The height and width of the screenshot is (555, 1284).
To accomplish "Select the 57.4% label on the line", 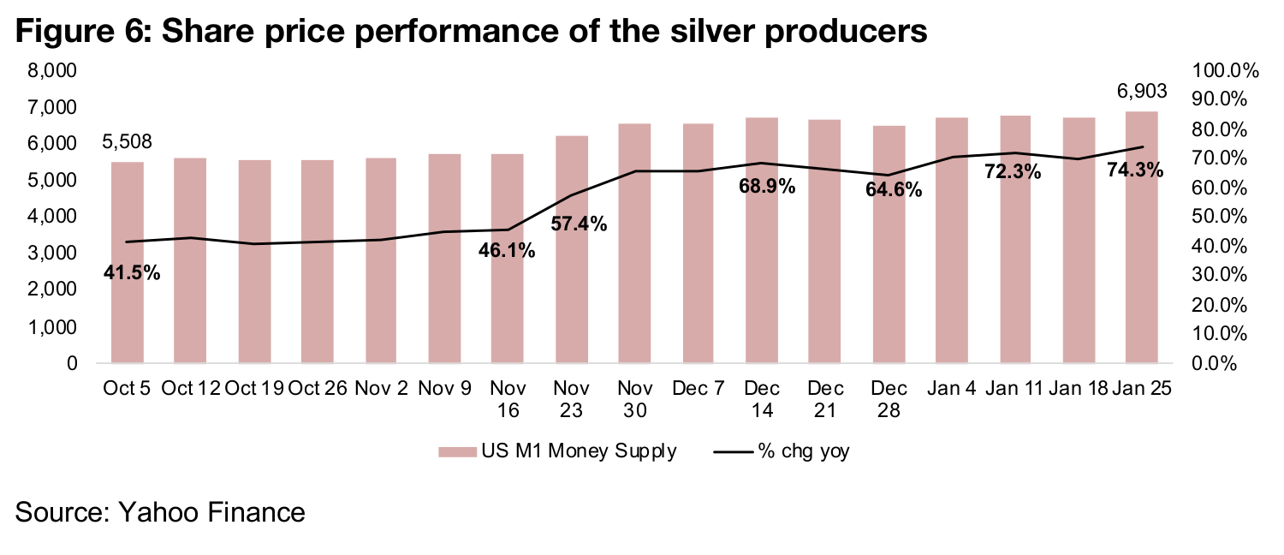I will (579, 225).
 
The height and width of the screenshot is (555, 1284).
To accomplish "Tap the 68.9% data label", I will (768, 186).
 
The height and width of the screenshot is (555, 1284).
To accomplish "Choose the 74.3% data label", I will (1135, 170).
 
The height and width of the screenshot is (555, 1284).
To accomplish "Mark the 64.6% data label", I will (894, 190).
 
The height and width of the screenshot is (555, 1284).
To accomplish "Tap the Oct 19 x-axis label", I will (254, 388).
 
